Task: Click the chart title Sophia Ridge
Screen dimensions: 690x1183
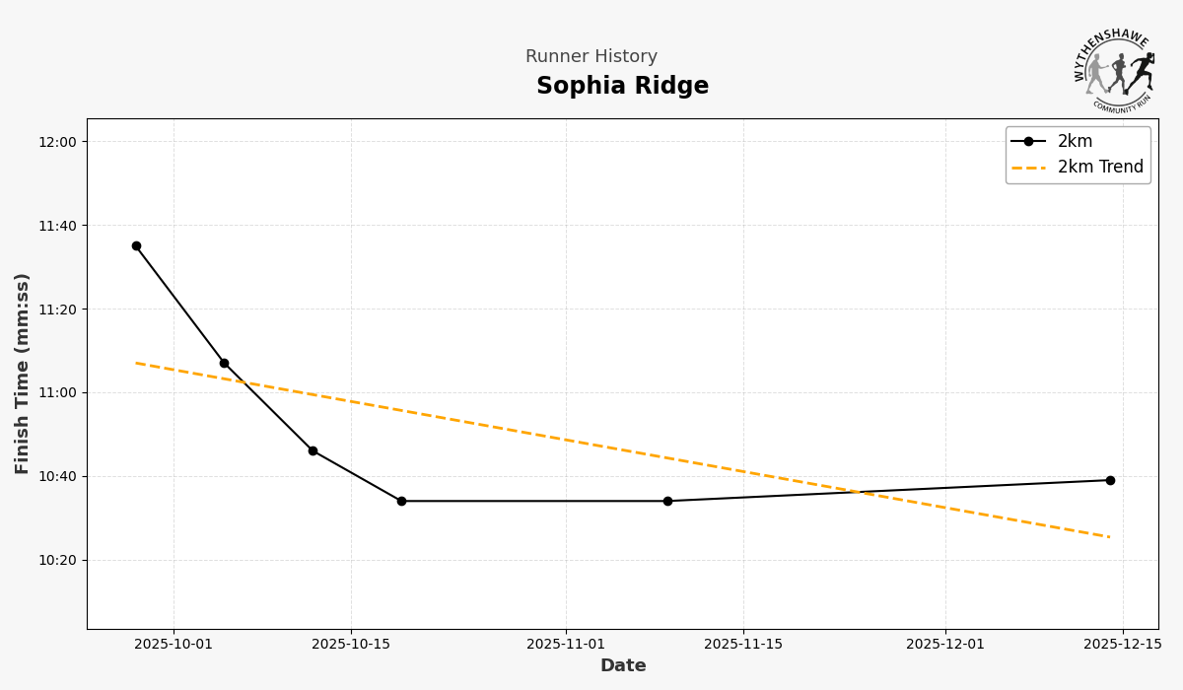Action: coord(622,87)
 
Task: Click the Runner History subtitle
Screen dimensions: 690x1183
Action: coord(591,57)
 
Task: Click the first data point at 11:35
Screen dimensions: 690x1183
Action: coord(136,246)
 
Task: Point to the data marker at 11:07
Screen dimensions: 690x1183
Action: coord(224,364)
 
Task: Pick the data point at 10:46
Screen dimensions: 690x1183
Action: coord(313,450)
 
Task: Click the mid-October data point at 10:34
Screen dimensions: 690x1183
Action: coord(401,501)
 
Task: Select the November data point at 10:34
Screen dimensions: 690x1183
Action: coord(667,501)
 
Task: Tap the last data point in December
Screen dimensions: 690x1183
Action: coord(1110,480)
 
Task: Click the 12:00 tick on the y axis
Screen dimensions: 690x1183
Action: coord(57,142)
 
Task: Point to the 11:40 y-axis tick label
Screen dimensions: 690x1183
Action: coord(57,226)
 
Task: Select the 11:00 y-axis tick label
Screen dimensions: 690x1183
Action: coord(57,392)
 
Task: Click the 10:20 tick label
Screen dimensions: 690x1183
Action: coord(57,560)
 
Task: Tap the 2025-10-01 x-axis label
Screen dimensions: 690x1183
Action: coord(174,645)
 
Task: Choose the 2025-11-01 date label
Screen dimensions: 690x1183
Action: coord(566,645)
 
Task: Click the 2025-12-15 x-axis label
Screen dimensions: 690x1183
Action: coord(1123,645)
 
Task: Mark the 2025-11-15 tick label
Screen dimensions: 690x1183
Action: coord(743,645)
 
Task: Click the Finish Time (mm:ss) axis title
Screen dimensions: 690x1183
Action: coord(23,374)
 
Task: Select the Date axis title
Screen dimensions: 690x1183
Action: coord(623,666)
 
